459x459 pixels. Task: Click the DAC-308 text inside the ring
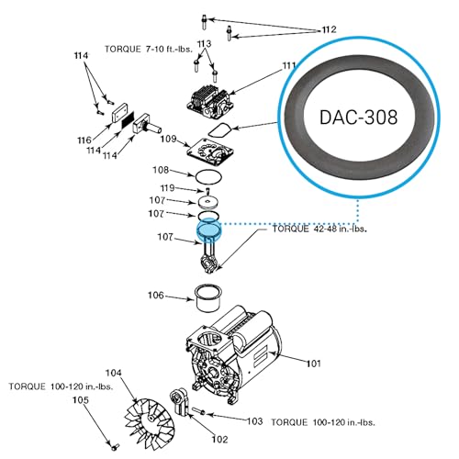(358, 118)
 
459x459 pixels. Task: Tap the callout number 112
(329, 29)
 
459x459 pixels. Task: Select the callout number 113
(204, 44)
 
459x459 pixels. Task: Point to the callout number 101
(314, 364)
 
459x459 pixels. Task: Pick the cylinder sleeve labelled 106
(208, 298)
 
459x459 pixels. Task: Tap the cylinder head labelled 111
(208, 102)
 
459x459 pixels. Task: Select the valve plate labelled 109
(210, 151)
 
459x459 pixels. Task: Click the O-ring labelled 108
(208, 177)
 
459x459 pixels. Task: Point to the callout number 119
(167, 187)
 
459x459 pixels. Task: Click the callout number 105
(81, 400)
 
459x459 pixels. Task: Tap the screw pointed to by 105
(115, 447)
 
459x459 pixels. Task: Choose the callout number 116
(84, 140)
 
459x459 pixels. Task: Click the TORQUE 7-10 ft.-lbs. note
(149, 49)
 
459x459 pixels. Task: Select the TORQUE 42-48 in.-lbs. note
(319, 229)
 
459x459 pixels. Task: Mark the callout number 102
(220, 440)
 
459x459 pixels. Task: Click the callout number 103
(254, 421)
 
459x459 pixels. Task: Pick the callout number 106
(156, 296)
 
